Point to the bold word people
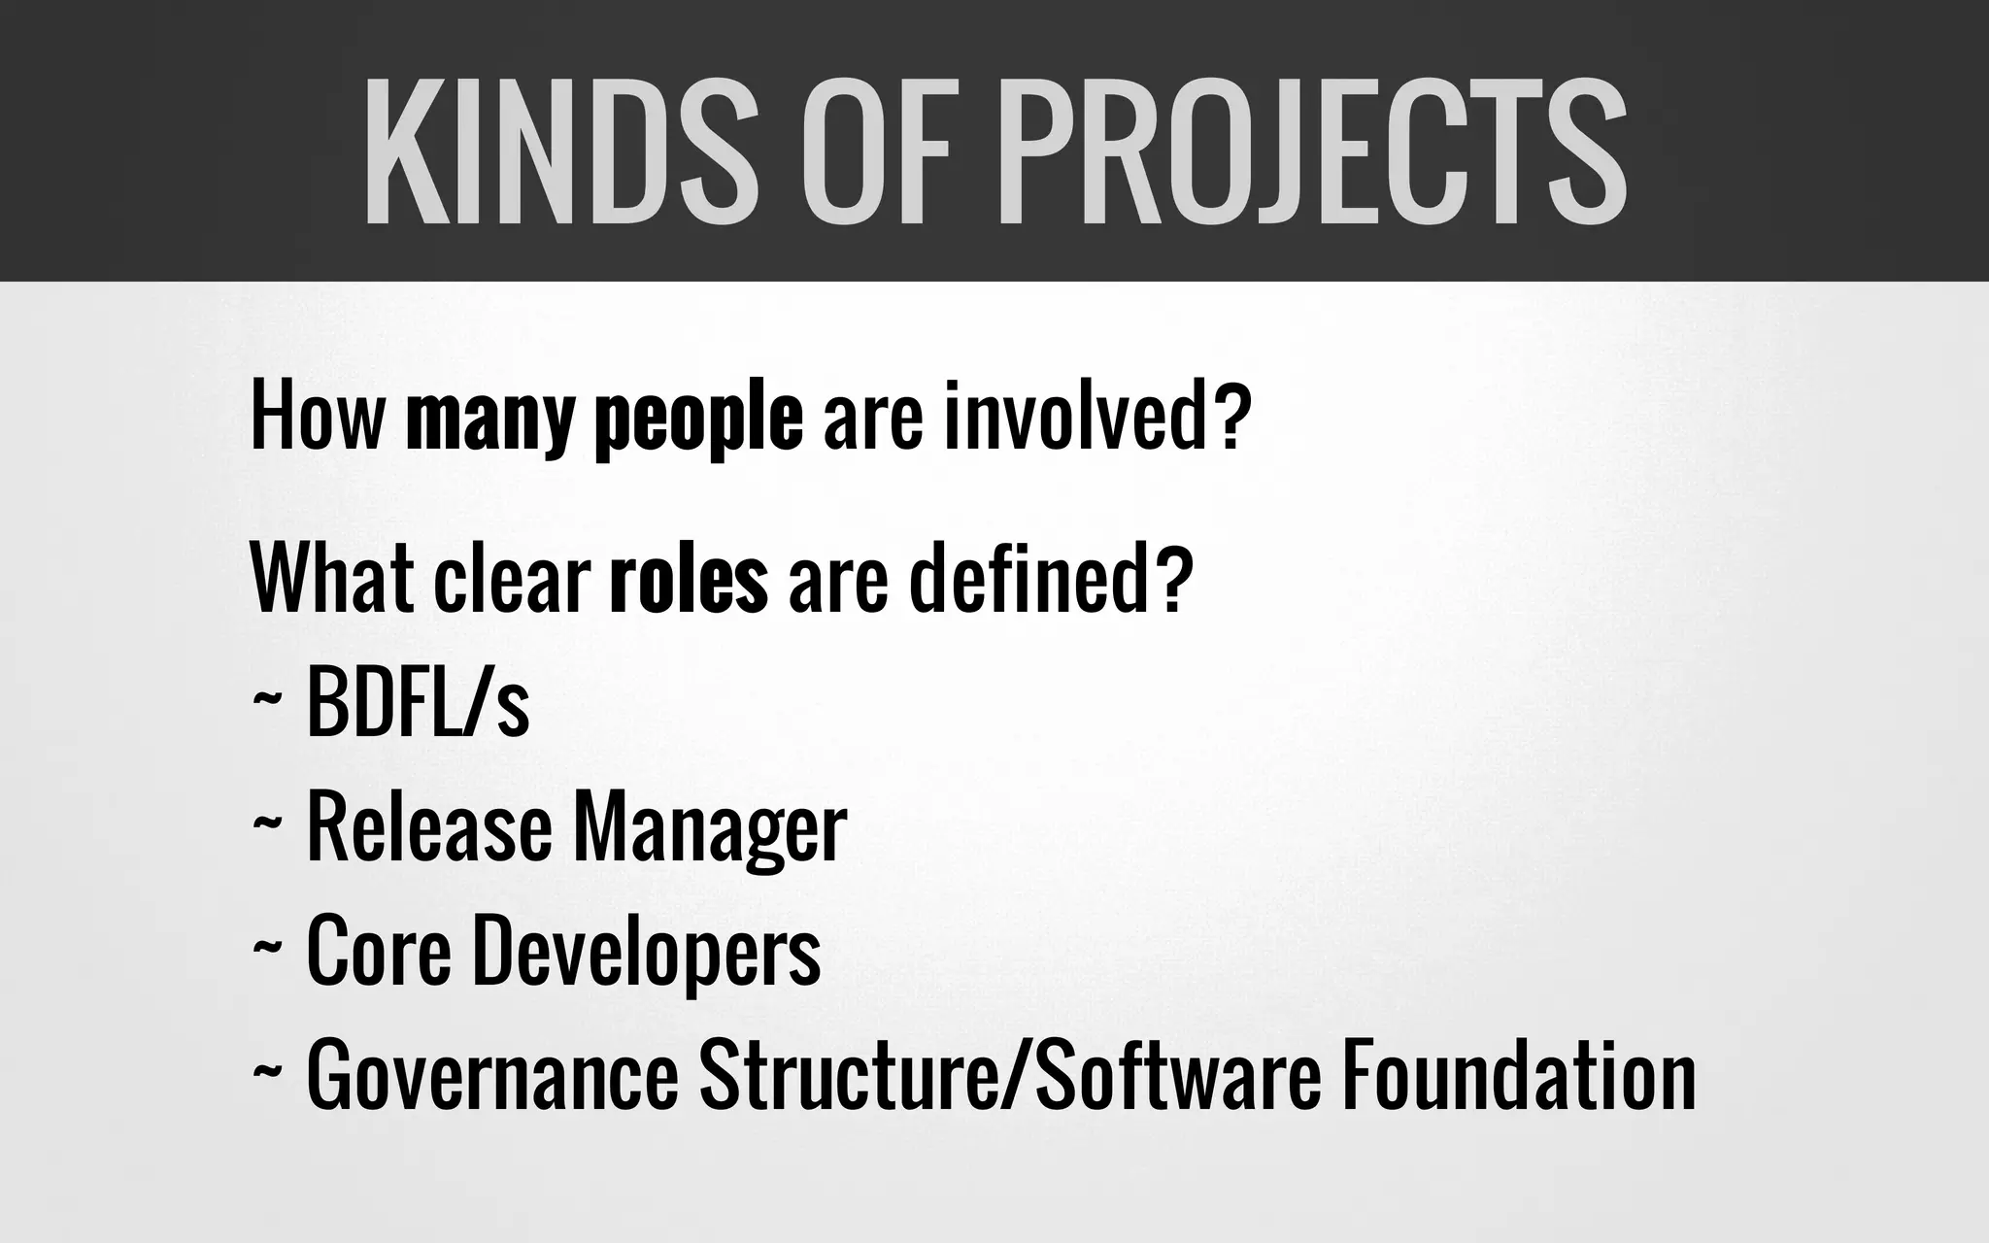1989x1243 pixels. coord(699,420)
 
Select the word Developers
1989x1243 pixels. coord(647,953)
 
